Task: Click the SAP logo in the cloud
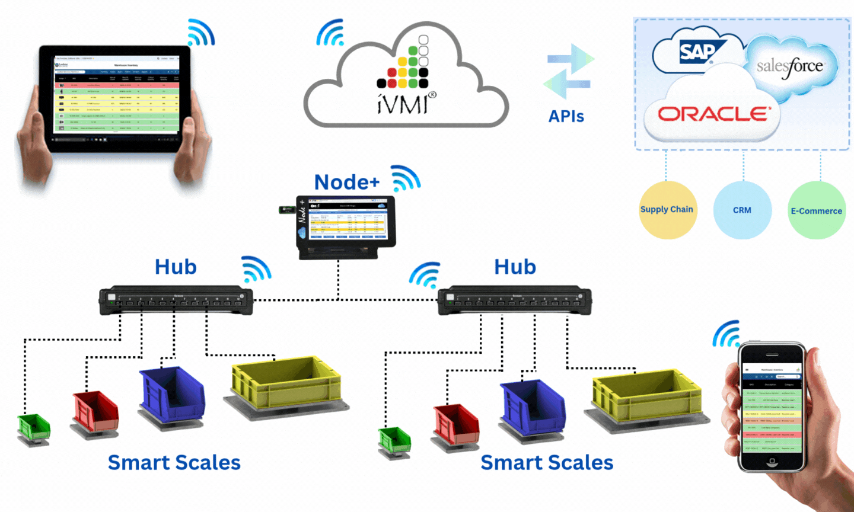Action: (699, 52)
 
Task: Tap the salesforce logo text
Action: (789, 67)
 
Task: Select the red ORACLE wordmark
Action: (714, 114)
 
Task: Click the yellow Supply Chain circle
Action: (667, 210)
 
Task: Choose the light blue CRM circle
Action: (742, 210)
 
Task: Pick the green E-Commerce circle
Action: (817, 211)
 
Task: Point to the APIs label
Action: (566, 116)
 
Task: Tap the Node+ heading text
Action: (346, 182)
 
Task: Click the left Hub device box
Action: (176, 300)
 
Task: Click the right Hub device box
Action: (515, 300)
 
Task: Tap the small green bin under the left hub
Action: (34, 427)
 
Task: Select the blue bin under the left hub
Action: (171, 395)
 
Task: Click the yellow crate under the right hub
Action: (646, 393)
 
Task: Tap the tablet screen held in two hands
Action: (116, 95)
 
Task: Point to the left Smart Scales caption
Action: (174, 462)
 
